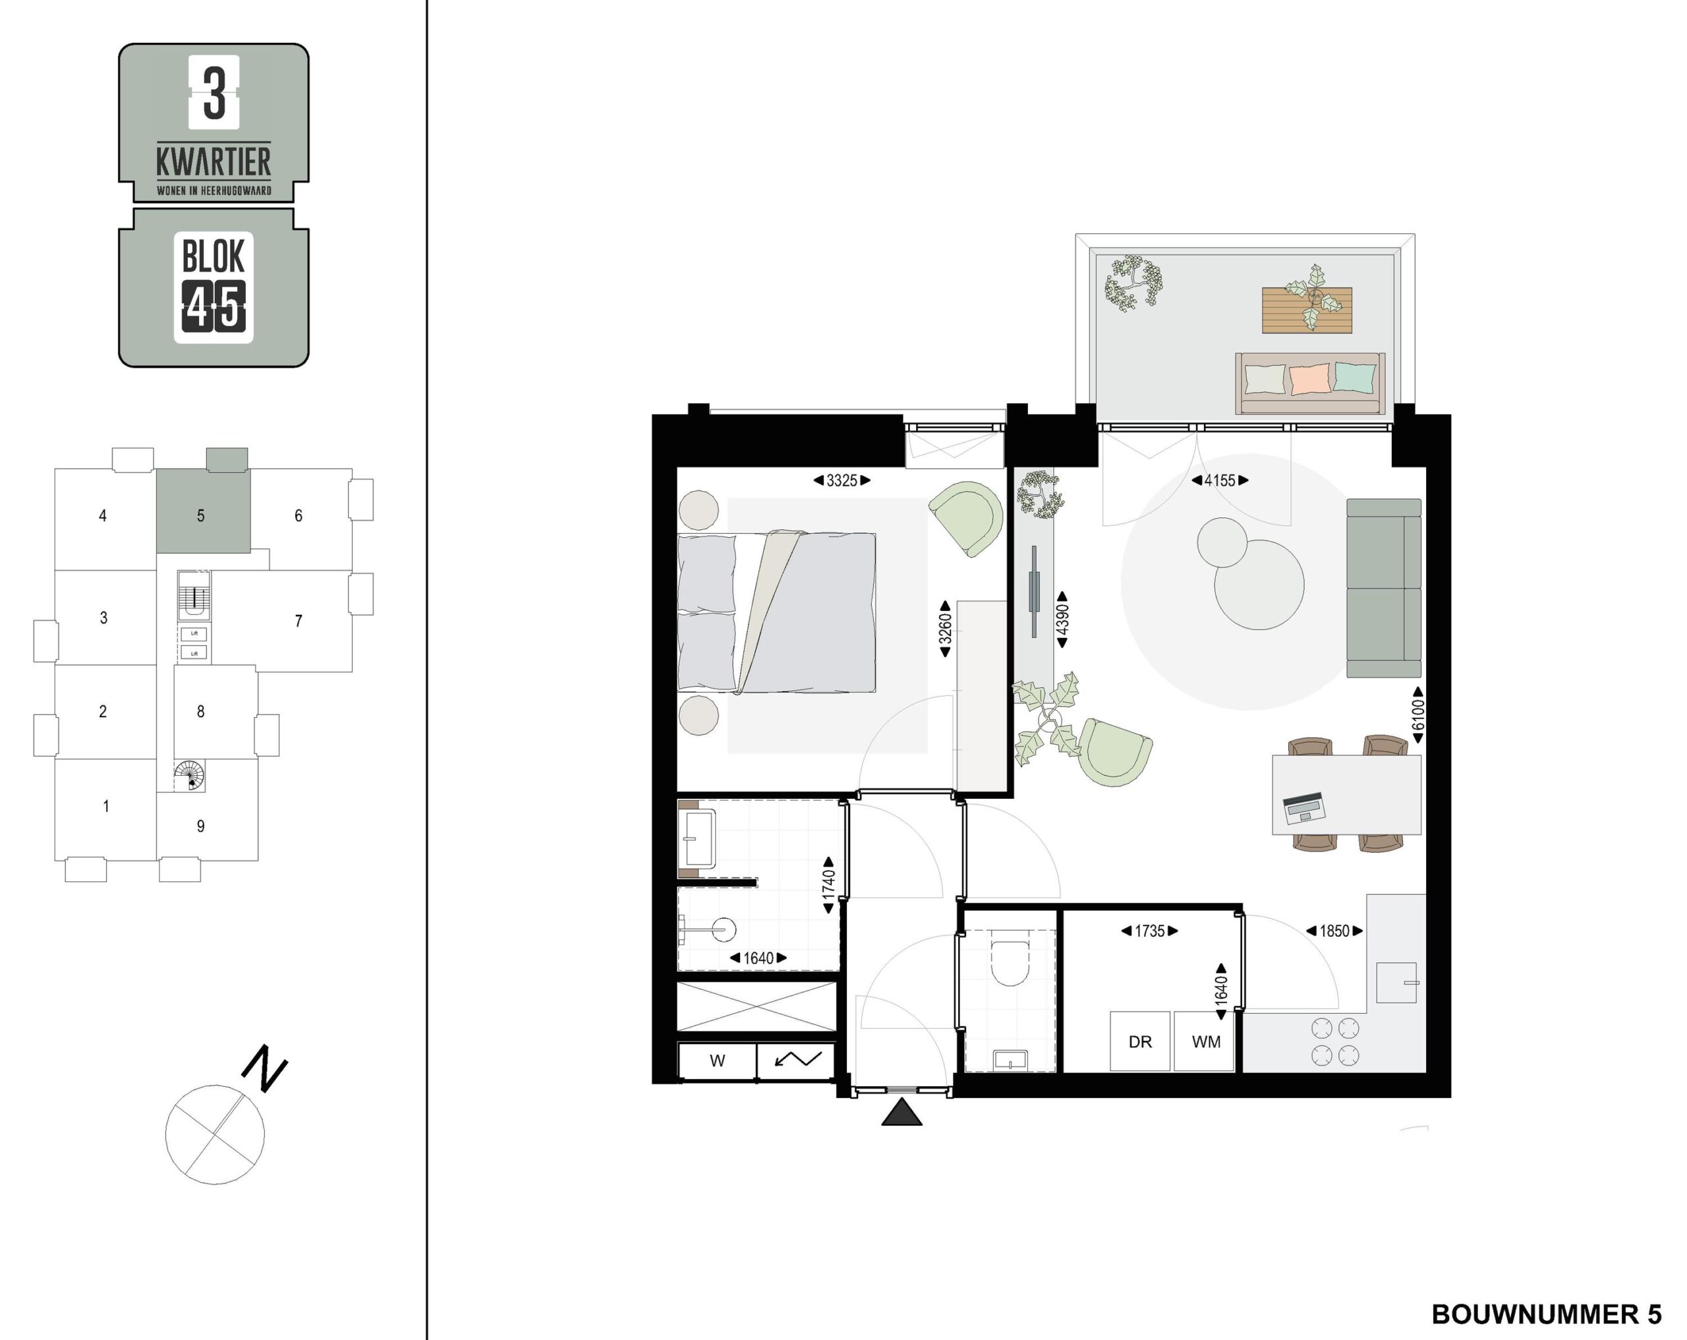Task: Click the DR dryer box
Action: pos(1140,1041)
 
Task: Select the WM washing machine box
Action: pos(1205,1041)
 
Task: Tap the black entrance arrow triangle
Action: pos(901,1112)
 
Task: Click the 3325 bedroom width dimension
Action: pos(842,481)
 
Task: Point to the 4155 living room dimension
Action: pos(1220,481)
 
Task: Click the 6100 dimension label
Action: pos(1418,714)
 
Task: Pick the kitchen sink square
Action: pos(1396,982)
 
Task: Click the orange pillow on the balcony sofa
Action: pos(1309,379)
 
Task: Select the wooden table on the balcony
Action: pos(1307,310)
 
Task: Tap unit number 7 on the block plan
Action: pos(298,622)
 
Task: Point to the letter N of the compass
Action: pos(264,1068)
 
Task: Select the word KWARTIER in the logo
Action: pos(214,162)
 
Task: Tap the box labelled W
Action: pos(718,1061)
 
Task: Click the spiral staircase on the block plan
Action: pos(189,776)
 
